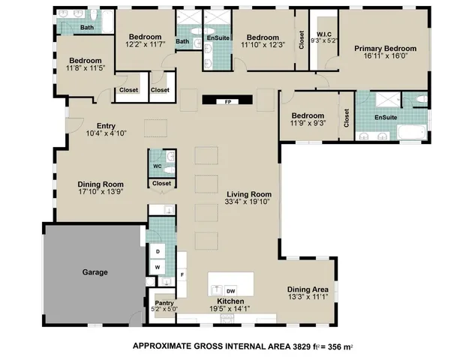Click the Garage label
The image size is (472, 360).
(x=95, y=272)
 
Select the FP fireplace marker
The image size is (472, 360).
(x=227, y=102)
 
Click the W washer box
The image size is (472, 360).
(x=158, y=266)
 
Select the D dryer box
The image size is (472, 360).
(x=158, y=251)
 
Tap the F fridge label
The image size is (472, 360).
(x=182, y=275)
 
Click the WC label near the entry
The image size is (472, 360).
(x=158, y=166)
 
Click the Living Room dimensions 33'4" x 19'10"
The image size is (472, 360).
(x=248, y=201)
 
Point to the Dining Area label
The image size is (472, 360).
(x=308, y=289)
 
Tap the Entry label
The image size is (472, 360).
(x=106, y=125)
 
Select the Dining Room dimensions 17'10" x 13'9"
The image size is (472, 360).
(x=101, y=193)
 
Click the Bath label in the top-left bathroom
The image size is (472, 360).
(x=88, y=28)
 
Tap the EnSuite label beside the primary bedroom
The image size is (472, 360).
(x=386, y=118)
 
